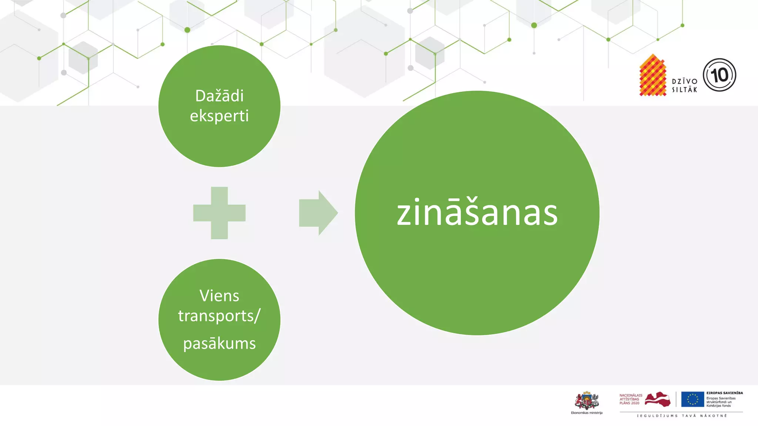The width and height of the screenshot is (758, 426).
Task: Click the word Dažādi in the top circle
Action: (219, 96)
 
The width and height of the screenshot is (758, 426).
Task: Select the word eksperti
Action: (219, 116)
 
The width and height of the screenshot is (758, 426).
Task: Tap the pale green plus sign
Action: (219, 213)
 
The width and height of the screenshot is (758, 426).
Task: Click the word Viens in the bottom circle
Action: (219, 296)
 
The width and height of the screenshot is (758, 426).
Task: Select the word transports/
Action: (219, 316)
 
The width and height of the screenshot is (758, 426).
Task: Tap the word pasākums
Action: (219, 344)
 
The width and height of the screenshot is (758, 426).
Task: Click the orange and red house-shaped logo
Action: (653, 76)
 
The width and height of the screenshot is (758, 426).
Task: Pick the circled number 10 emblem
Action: (720, 75)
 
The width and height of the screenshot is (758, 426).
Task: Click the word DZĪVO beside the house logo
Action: (685, 81)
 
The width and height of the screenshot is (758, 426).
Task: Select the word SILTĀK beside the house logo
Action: (685, 89)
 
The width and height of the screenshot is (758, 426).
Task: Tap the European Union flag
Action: (692, 399)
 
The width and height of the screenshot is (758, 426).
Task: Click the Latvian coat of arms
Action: (587, 400)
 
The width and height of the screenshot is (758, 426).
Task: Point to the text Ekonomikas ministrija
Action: (587, 413)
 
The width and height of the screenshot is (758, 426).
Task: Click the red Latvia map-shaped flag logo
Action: (658, 399)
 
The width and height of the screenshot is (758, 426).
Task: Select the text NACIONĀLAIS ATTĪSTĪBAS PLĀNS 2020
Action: (631, 399)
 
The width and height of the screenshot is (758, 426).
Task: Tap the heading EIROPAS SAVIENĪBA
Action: (724, 393)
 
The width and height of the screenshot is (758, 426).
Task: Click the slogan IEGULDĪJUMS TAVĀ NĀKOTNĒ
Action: (682, 416)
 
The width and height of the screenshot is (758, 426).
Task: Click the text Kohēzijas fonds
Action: (718, 406)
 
